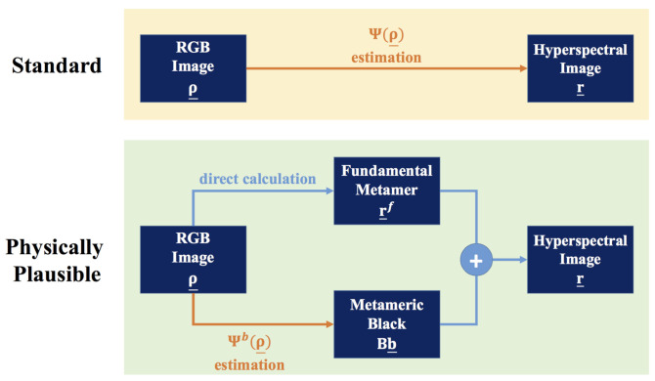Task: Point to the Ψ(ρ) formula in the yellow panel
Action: [x=385, y=37]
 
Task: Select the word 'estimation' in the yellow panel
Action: [x=385, y=58]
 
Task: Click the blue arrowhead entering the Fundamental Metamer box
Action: [x=329, y=191]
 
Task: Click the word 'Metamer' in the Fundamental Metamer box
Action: [x=386, y=189]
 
